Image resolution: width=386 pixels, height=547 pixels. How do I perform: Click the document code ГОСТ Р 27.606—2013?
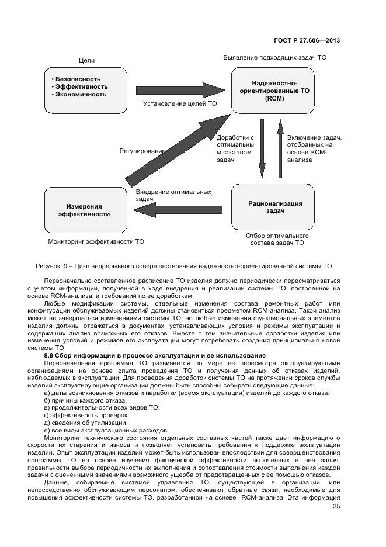307,40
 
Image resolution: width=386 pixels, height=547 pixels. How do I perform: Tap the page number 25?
336,507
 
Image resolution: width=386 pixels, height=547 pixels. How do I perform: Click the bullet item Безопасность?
78,79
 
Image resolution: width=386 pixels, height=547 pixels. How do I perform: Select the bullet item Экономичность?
81,94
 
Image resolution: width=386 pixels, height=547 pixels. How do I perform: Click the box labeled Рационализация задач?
275,207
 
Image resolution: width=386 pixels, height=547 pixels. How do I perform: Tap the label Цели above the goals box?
86,61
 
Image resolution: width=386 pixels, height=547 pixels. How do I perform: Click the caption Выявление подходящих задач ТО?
274,58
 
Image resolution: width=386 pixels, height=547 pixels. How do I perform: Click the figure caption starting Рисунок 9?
183,265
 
